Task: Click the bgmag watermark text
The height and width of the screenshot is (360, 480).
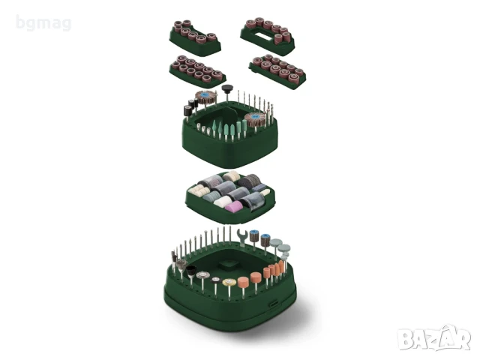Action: tap(43, 23)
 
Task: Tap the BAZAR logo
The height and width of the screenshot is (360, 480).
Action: tap(434, 337)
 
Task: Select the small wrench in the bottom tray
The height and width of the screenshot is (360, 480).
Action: tap(241, 237)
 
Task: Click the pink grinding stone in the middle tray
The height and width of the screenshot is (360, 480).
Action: tap(233, 207)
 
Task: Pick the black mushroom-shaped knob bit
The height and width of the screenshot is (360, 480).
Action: tap(227, 88)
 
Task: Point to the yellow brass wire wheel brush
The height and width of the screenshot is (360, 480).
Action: tap(228, 283)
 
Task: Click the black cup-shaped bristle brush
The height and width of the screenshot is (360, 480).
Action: tap(191, 270)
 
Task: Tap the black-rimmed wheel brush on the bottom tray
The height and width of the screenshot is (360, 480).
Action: tap(215, 280)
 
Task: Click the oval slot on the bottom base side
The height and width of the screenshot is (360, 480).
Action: tap(273, 304)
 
